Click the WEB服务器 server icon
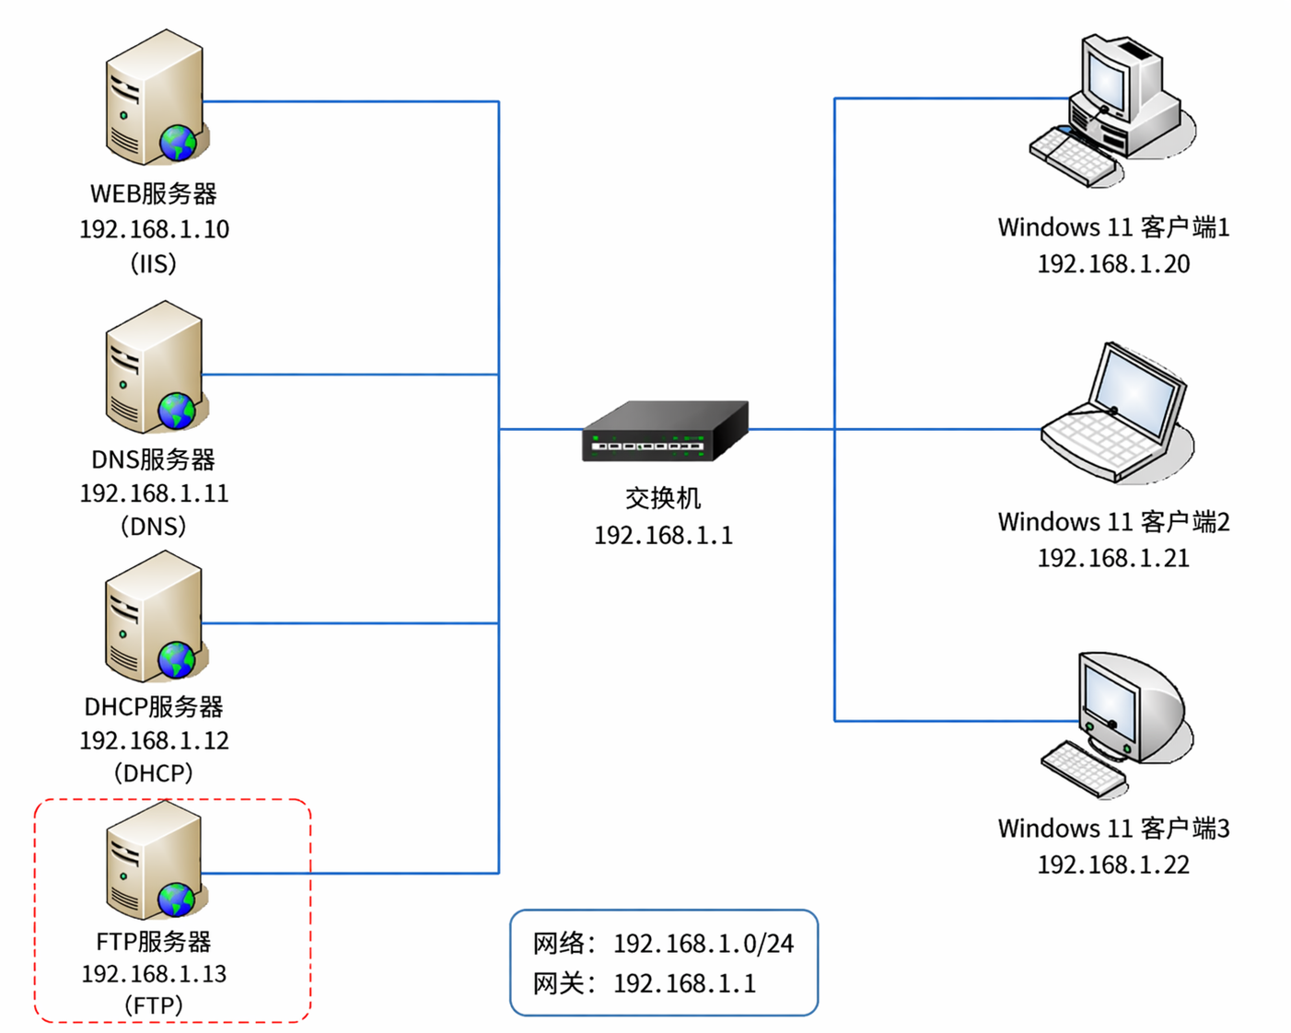[x=154, y=98]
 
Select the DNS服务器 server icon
[x=154, y=367]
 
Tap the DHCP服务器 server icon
[x=154, y=617]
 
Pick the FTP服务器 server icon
[x=154, y=861]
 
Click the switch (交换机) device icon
[x=665, y=431]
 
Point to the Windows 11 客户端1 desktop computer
[x=1112, y=110]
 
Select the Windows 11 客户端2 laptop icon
[x=1116, y=414]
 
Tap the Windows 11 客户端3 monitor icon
[x=1116, y=723]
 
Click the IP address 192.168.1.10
[x=154, y=229]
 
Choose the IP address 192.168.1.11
[x=154, y=493]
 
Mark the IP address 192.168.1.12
[x=154, y=740]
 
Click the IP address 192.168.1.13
[x=154, y=974]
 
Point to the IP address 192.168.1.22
[x=1113, y=865]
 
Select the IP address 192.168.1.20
[x=1113, y=264]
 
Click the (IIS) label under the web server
[x=154, y=264]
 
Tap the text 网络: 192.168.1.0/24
[x=663, y=944]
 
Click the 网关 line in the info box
[x=645, y=984]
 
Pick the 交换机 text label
[x=663, y=498]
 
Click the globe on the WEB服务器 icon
[x=178, y=143]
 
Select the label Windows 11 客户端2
[x=1113, y=522]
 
